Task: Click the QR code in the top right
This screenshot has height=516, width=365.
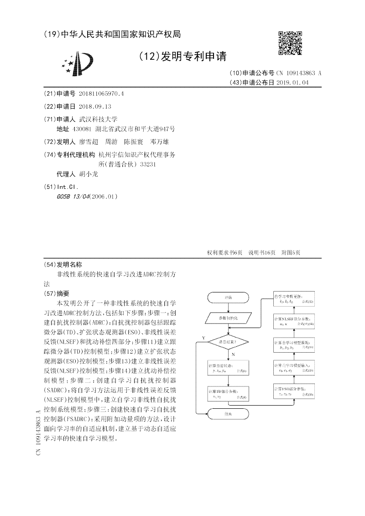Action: click(x=290, y=43)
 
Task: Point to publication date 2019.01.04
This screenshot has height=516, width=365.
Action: click(x=292, y=83)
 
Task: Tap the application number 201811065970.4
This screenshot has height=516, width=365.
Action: click(x=101, y=94)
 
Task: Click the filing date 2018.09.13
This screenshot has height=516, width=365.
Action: click(x=95, y=106)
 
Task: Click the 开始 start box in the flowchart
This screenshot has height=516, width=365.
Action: click(x=229, y=297)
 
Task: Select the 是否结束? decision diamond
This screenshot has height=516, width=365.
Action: click(x=229, y=341)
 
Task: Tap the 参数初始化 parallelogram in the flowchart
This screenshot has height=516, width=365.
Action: click(x=229, y=317)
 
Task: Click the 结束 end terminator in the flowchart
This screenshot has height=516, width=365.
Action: click(x=229, y=414)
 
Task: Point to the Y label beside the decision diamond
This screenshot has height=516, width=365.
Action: click(x=203, y=338)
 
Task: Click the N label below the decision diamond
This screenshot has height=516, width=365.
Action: click(x=233, y=354)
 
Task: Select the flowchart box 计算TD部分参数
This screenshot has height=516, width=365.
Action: click(x=229, y=393)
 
